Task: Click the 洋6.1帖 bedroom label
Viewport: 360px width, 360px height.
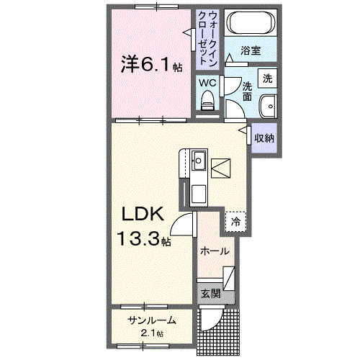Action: point(150,66)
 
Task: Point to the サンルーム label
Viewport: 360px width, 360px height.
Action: point(152,320)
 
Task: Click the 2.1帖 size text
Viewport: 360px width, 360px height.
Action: point(152,333)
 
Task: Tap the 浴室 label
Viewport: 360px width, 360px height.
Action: point(250,53)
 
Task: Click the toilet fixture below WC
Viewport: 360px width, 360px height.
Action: point(208,101)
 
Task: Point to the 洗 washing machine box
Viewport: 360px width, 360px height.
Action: point(268,78)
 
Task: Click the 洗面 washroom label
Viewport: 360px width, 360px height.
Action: point(247,88)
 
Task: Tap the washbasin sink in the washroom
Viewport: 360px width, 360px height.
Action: point(269,104)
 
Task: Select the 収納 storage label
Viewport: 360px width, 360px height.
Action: point(264,138)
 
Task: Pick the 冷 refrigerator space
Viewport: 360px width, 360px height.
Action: point(235,222)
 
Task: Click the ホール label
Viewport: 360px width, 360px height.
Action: point(215,251)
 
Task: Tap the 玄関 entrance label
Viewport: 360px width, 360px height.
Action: point(210,293)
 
